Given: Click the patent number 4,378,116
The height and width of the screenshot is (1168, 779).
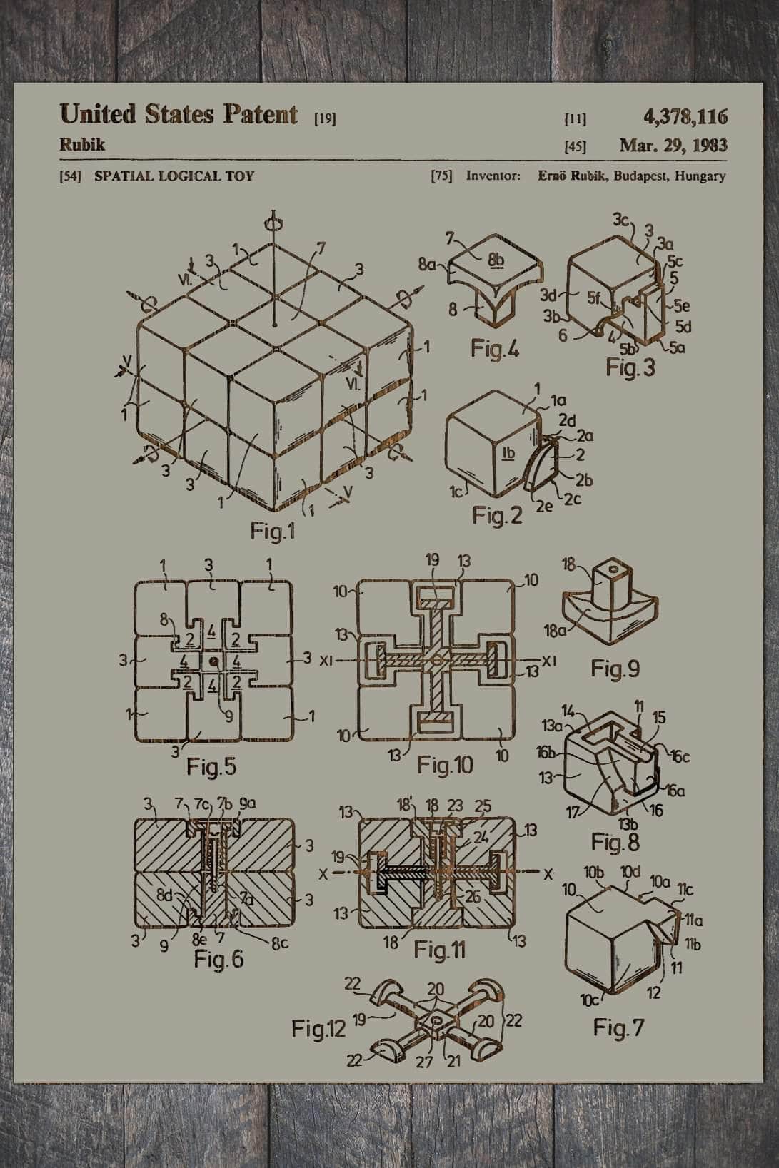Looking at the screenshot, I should (685, 116).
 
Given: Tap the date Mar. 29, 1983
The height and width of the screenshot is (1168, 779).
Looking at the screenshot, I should (673, 146).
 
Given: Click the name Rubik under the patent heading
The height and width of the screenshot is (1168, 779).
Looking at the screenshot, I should (82, 145).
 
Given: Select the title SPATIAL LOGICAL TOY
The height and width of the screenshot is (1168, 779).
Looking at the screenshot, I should (174, 176).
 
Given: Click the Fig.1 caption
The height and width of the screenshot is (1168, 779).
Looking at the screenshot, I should (272, 532).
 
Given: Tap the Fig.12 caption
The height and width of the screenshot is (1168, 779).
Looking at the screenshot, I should (318, 1029).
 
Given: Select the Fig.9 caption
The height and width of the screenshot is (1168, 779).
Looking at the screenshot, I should (615, 669).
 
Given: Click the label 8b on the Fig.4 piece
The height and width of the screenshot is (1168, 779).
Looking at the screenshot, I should (496, 260).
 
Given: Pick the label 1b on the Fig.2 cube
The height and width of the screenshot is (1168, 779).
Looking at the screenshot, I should (508, 453).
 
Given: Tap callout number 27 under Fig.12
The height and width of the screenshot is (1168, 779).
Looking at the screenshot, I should (424, 1062).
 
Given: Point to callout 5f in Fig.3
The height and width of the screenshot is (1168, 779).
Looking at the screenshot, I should (594, 298).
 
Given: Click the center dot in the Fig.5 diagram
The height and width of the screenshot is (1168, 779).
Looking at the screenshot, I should (213, 663).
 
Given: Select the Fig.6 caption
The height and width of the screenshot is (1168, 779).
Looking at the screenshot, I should (218, 960).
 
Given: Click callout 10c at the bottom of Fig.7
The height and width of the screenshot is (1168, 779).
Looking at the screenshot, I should (590, 1000).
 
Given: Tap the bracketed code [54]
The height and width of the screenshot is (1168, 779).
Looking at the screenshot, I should (70, 176).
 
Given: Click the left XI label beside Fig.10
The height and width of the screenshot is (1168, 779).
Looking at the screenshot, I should (326, 661).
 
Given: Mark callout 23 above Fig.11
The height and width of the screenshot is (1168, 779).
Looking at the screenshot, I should (455, 805).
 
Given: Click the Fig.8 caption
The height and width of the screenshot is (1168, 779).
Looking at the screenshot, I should (615, 843).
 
